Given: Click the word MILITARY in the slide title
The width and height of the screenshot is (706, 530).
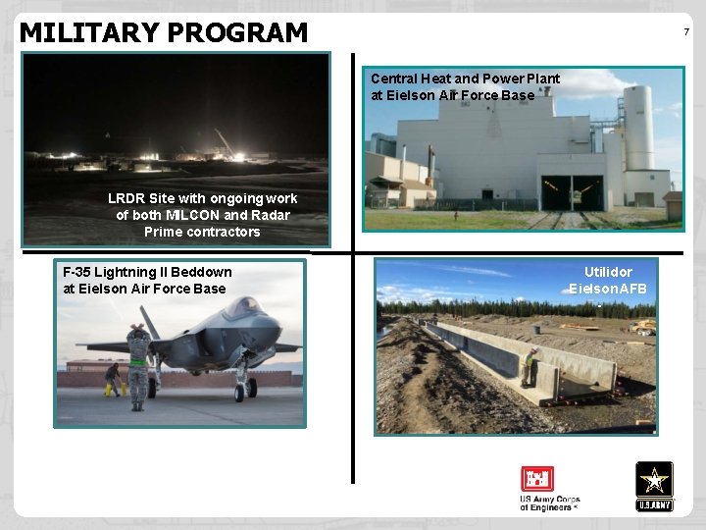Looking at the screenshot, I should coord(89,33).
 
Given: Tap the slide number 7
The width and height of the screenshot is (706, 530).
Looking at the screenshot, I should coord(686,32).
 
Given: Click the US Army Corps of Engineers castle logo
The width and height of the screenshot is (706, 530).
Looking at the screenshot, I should coord(536,479).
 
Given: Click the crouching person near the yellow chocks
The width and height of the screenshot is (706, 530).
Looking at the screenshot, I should coord(115,379).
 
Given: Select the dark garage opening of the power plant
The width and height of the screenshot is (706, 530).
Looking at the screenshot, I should coord(573,193).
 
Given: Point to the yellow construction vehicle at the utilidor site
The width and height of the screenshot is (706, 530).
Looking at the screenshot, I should coord(642,326).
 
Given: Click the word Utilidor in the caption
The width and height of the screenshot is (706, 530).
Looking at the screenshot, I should coord(608,272).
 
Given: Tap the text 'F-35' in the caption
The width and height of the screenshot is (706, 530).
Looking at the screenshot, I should coord(78,272).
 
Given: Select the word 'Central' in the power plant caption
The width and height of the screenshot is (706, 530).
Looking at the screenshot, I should coord(396,79).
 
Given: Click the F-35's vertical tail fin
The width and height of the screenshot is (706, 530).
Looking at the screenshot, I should coord(149,321).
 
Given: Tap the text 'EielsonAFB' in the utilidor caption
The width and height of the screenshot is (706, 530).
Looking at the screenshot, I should coord(608,290).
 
